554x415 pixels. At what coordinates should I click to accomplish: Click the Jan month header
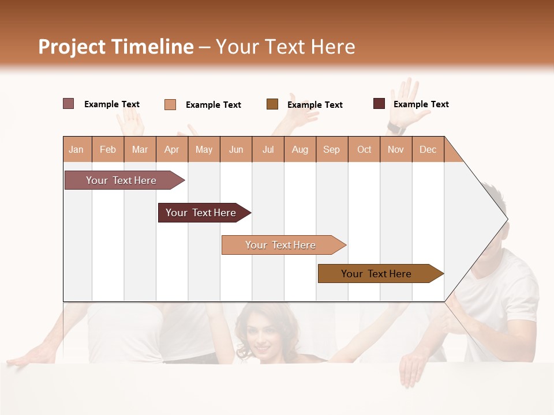(76, 150)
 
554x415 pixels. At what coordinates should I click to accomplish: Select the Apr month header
(172, 150)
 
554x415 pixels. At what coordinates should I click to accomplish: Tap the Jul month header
(268, 150)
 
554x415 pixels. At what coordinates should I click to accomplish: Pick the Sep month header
(331, 150)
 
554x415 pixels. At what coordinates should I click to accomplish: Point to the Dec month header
(428, 150)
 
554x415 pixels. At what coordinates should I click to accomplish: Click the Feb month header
(108, 150)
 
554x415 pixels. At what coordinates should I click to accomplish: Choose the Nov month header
(395, 150)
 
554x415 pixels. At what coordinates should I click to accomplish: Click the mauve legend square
(69, 104)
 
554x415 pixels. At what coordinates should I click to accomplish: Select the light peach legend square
(170, 104)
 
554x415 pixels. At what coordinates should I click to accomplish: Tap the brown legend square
(272, 104)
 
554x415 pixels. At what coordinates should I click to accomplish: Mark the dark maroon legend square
(379, 104)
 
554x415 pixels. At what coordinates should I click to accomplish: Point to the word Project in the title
(71, 47)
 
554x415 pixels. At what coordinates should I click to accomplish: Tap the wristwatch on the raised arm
(395, 126)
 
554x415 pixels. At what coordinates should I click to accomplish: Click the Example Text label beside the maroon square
(421, 104)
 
